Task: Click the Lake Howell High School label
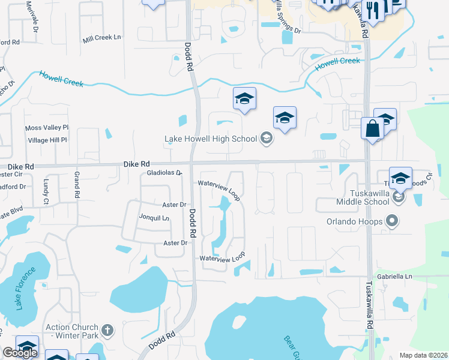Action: click(x=211, y=139)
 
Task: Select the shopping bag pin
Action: click(x=372, y=129)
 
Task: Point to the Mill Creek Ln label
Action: click(x=102, y=37)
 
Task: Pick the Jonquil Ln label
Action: click(x=153, y=218)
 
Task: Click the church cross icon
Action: click(x=107, y=331)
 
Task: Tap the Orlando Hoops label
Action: click(x=354, y=221)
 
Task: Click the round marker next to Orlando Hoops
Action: click(x=391, y=221)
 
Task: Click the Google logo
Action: click(x=20, y=353)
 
